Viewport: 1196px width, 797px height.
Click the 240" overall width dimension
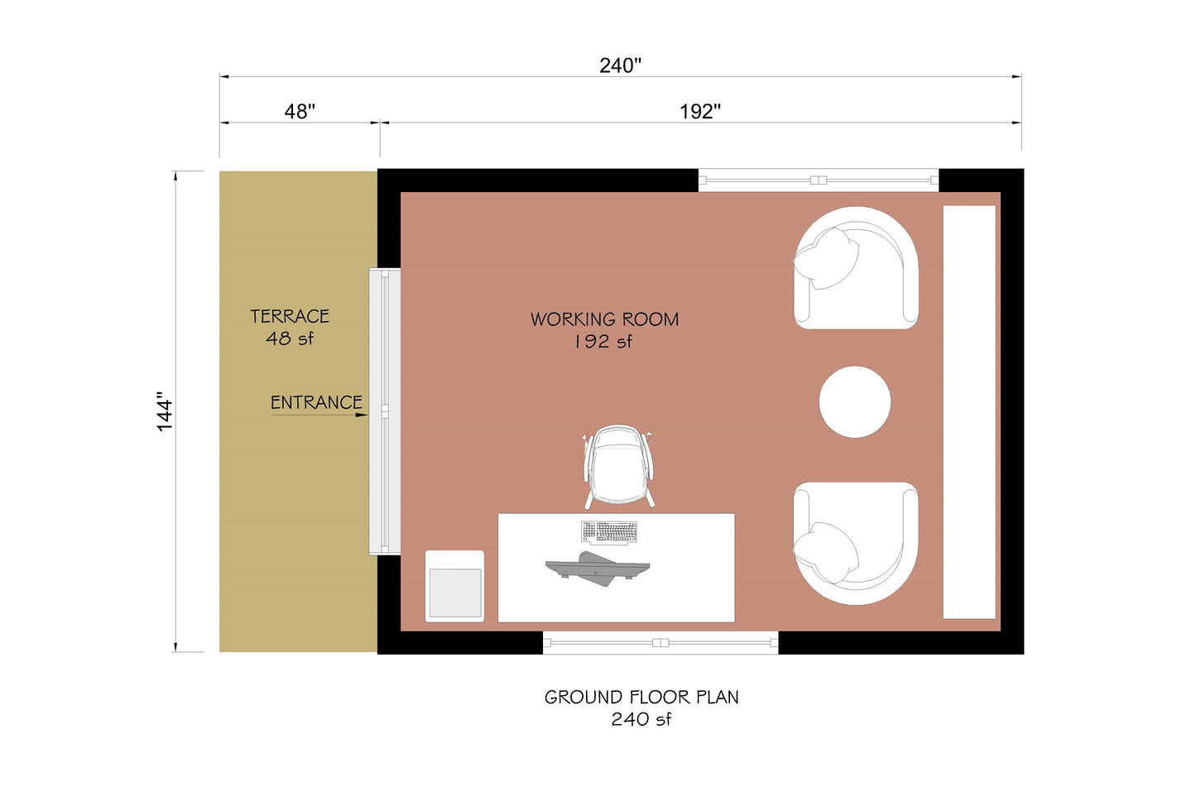[620, 65]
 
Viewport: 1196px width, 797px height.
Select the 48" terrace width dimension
[300, 112]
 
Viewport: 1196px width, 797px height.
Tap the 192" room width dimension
[700, 112]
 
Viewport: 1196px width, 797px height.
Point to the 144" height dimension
[166, 415]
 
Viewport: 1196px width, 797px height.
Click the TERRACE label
[290, 316]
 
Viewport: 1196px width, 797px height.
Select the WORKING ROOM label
[604, 319]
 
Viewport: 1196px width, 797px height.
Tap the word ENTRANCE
[316, 403]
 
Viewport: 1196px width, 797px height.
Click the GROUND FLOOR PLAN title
[641, 697]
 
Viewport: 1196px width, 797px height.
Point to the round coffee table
[855, 402]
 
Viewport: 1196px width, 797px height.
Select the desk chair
[619, 467]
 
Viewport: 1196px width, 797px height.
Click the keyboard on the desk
[610, 531]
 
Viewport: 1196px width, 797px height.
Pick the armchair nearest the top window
[856, 267]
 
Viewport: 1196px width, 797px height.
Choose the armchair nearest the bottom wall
[856, 543]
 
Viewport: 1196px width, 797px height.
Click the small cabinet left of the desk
[454, 585]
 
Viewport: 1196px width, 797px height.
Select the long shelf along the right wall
[969, 411]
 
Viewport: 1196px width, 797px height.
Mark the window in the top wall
[819, 180]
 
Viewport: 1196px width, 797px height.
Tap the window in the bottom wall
[660, 643]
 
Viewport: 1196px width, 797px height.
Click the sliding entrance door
[385, 411]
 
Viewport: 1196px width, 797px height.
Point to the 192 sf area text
[603, 342]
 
